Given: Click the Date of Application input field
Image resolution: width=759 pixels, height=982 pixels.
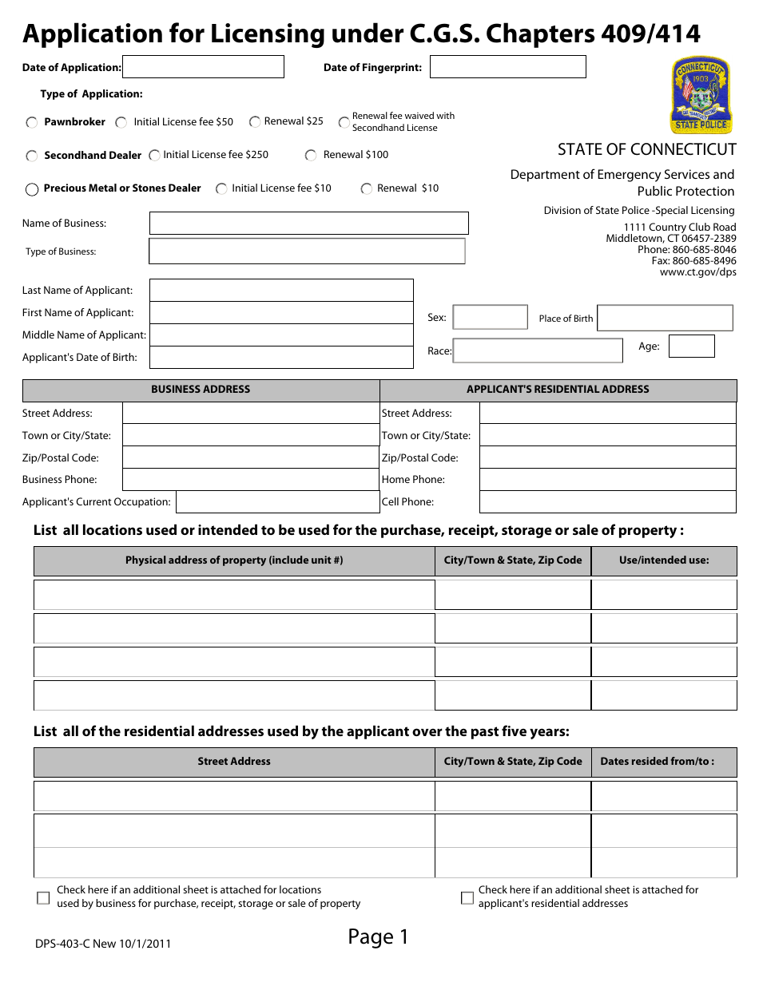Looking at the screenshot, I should point(203,66).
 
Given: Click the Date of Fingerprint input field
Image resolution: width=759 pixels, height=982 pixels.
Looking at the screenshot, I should point(507,66).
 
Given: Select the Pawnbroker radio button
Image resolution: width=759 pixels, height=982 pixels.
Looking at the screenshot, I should point(32,123).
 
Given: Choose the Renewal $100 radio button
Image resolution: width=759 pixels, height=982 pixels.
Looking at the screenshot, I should point(311,156).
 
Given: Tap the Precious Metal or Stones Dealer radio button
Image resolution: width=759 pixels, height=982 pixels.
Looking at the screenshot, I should point(32,189).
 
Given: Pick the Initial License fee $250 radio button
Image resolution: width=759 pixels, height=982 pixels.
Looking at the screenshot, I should point(154,155).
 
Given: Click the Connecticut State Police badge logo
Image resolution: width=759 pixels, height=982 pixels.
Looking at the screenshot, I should point(700,95).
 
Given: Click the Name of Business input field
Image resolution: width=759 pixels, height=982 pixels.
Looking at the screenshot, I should point(308,223).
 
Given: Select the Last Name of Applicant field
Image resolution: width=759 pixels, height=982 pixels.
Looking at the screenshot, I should point(281,290).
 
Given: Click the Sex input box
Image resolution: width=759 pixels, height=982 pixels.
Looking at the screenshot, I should point(490,317).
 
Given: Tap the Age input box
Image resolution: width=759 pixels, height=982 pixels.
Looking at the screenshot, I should point(691,346).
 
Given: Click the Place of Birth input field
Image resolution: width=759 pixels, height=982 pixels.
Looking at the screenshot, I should point(665,318).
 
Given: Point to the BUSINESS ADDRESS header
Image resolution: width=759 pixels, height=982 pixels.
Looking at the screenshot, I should point(201,390).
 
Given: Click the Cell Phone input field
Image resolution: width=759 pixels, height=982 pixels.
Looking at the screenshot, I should point(607,501).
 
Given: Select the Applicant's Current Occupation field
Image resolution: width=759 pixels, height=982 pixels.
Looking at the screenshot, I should point(277,501).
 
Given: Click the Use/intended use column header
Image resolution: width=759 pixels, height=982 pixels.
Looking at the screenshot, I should point(664,560).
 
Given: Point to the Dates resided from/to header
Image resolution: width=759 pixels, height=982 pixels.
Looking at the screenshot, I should point(658,762).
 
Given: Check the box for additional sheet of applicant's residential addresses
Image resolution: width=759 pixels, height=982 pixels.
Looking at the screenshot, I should point(467,898).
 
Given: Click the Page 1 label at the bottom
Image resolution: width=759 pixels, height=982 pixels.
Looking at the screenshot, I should point(378,936).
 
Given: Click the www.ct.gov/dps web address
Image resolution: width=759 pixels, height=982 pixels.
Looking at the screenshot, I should point(697,272).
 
